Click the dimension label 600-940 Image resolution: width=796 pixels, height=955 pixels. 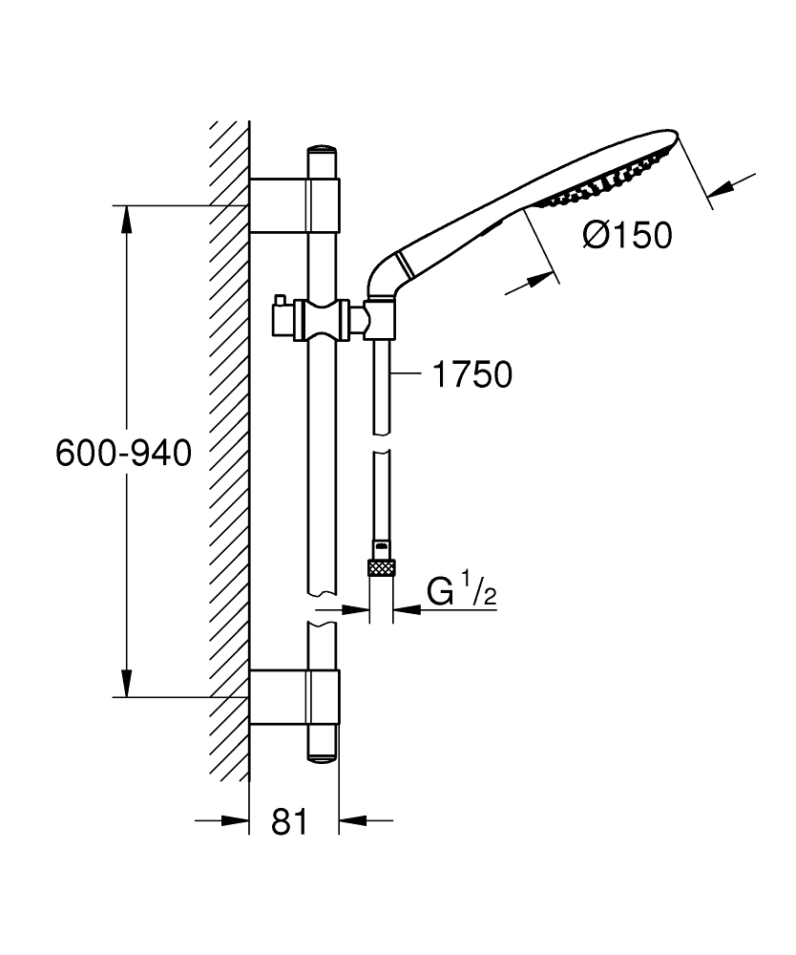[124, 452]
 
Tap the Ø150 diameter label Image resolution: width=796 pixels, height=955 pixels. [627, 234]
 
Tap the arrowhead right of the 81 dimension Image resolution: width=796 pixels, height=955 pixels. [352, 819]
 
